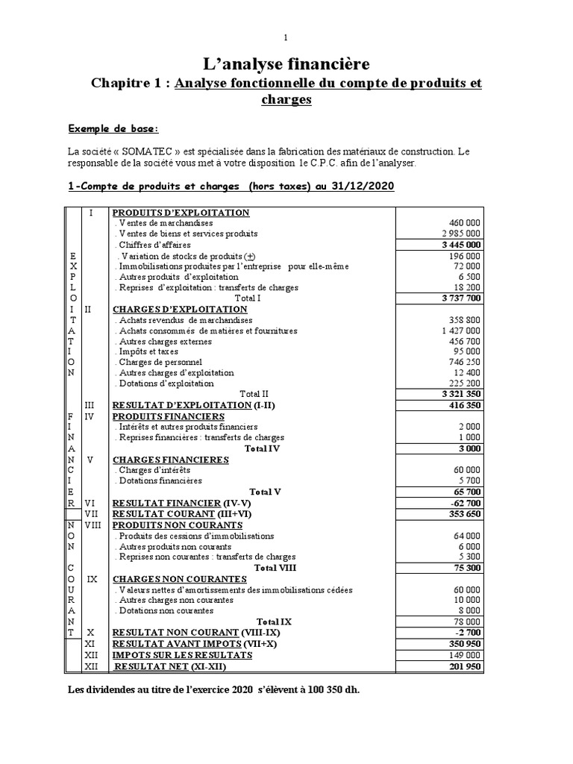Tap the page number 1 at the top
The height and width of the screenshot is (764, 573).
pyautogui.click(x=286, y=37)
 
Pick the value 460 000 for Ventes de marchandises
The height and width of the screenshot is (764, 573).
pyautogui.click(x=464, y=222)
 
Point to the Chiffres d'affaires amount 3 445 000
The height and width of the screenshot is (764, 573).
pyautogui.click(x=460, y=245)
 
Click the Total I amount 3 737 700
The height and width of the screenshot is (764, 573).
pyautogui.click(x=460, y=298)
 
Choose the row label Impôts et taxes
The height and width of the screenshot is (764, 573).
pyautogui.click(x=145, y=352)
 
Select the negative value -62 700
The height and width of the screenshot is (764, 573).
pyautogui.click(x=466, y=504)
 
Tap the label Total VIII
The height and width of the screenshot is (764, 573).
pyautogui.click(x=275, y=568)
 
